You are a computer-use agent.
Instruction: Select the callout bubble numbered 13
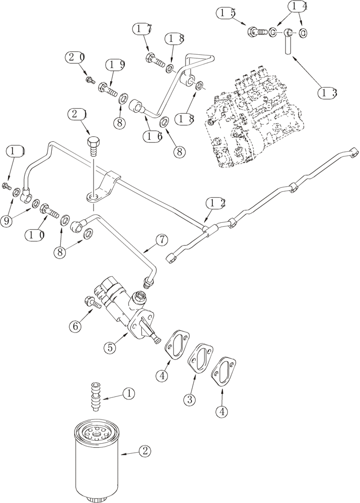click(x=328, y=93)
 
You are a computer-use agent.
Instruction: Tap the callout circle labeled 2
click(x=144, y=451)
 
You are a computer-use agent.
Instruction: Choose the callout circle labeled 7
click(x=161, y=240)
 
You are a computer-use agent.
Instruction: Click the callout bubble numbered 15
click(x=227, y=14)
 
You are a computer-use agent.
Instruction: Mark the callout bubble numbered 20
click(x=76, y=57)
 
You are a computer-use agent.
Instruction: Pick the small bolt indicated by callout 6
click(x=96, y=303)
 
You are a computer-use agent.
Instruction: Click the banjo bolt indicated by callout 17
click(x=155, y=62)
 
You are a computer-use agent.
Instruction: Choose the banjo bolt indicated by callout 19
click(x=108, y=92)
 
